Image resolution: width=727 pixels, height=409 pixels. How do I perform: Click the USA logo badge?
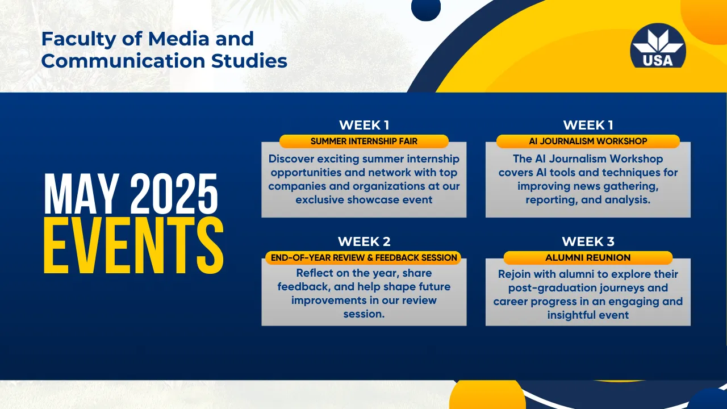click(658, 46)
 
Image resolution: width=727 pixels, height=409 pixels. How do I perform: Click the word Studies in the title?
click(249, 61)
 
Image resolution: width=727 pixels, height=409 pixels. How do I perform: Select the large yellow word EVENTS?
click(133, 245)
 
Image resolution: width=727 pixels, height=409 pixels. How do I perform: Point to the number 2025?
click(174, 194)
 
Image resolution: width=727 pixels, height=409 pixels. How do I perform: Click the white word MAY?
click(80, 194)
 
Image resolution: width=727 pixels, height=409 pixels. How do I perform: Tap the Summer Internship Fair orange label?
click(364, 141)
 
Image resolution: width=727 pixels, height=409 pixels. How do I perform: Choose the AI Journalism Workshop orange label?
click(588, 141)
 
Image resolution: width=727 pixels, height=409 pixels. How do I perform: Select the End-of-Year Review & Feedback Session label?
click(363, 258)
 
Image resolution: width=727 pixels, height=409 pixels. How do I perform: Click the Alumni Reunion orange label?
click(588, 258)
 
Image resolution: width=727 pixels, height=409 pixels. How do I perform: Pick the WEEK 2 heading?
click(364, 241)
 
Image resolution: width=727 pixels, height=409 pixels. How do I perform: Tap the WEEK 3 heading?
click(588, 241)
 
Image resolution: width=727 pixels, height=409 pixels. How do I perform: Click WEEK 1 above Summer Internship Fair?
click(364, 125)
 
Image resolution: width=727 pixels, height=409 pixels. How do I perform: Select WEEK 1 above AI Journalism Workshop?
click(588, 125)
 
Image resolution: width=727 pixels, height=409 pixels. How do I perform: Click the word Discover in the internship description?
click(291, 158)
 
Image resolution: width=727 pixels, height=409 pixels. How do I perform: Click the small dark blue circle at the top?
click(426, 9)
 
